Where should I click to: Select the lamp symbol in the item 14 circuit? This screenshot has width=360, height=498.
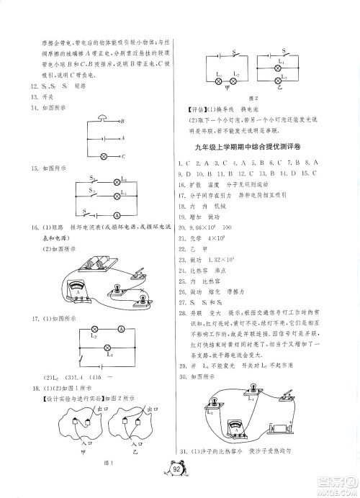[x=104, y=155]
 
